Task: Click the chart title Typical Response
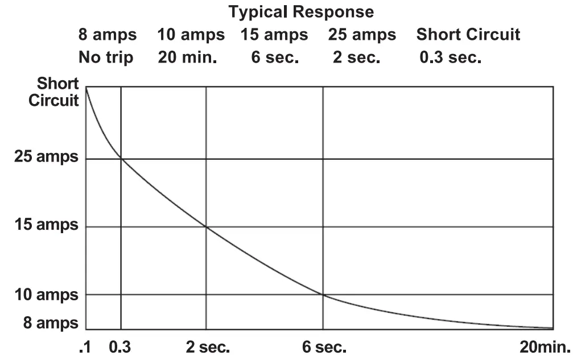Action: pyautogui.click(x=302, y=11)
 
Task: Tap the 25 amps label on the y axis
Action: pyautogui.click(x=46, y=157)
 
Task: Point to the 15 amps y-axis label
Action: pyautogui.click(x=46, y=225)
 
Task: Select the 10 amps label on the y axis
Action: pyautogui.click(x=46, y=295)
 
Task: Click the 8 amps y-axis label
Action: pyautogui.click(x=50, y=323)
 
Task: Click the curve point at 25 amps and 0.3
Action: pyautogui.click(x=121, y=159)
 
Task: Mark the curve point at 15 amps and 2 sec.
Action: pyautogui.click(x=206, y=227)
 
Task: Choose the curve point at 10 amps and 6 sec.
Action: pyautogui.click(x=323, y=295)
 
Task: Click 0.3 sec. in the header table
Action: pyautogui.click(x=450, y=57)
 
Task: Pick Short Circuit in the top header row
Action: pyautogui.click(x=468, y=34)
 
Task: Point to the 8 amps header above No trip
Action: pyautogui.click(x=108, y=34)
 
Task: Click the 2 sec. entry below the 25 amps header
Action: pyautogui.click(x=356, y=57)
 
